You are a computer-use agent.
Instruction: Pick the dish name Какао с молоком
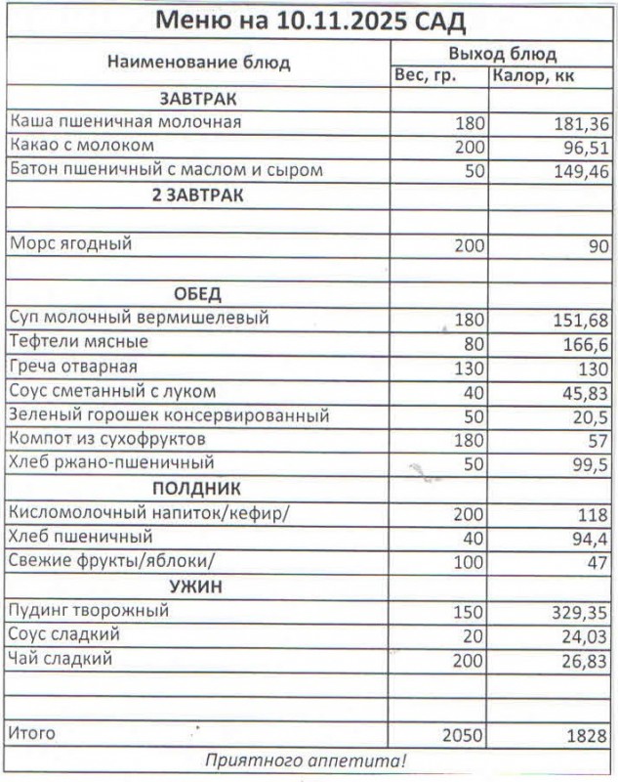pyautogui.click(x=82, y=146)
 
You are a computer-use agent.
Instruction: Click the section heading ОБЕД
pyautogui.click(x=198, y=293)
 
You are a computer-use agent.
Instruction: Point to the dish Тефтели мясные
pyautogui.click(x=78, y=341)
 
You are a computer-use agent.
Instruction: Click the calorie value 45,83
pyautogui.click(x=585, y=391)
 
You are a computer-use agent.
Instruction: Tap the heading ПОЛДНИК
pyautogui.click(x=198, y=488)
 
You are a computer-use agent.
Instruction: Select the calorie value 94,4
pyautogui.click(x=590, y=538)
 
